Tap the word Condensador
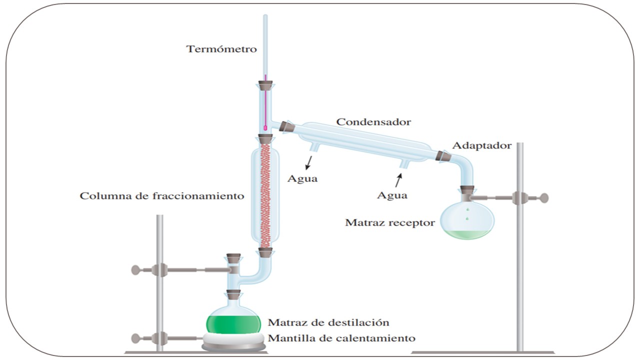point(373,121)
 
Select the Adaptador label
point(481,145)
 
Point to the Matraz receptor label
point(390,222)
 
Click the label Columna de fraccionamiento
point(162,195)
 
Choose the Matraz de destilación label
point(328,322)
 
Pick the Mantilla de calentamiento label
point(341,338)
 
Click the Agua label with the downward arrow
point(302,178)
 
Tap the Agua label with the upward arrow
point(392,195)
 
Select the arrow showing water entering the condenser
point(398,179)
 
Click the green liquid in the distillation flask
point(233,322)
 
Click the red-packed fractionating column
point(265,195)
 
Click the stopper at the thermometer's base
point(265,86)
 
